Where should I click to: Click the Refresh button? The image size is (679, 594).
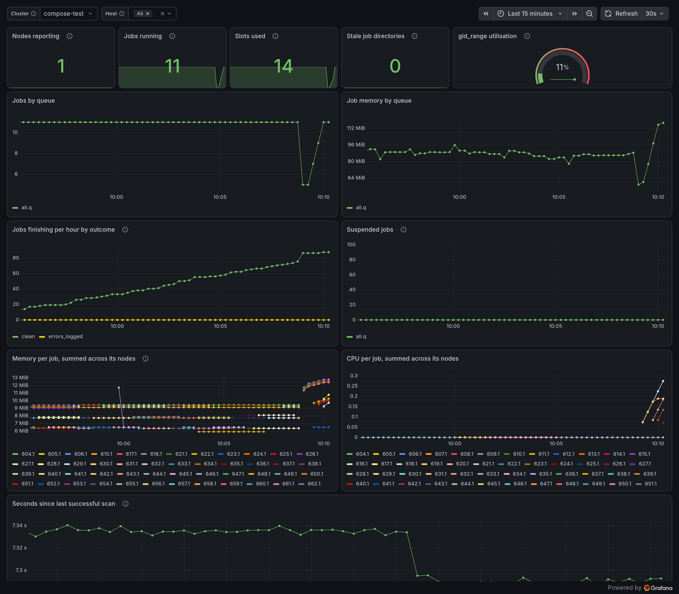[621, 14]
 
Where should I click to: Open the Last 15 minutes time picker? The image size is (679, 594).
[530, 14]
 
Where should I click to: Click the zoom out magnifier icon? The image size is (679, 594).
[589, 14]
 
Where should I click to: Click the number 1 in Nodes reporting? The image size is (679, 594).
[61, 66]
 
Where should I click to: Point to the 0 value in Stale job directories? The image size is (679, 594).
[395, 66]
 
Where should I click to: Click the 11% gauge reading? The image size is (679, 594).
[562, 67]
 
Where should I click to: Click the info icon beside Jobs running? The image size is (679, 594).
[172, 36]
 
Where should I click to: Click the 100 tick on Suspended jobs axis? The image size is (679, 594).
[351, 245]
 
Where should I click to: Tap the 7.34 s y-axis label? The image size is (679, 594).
[20, 525]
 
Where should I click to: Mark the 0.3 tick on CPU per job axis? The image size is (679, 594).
[354, 375]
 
